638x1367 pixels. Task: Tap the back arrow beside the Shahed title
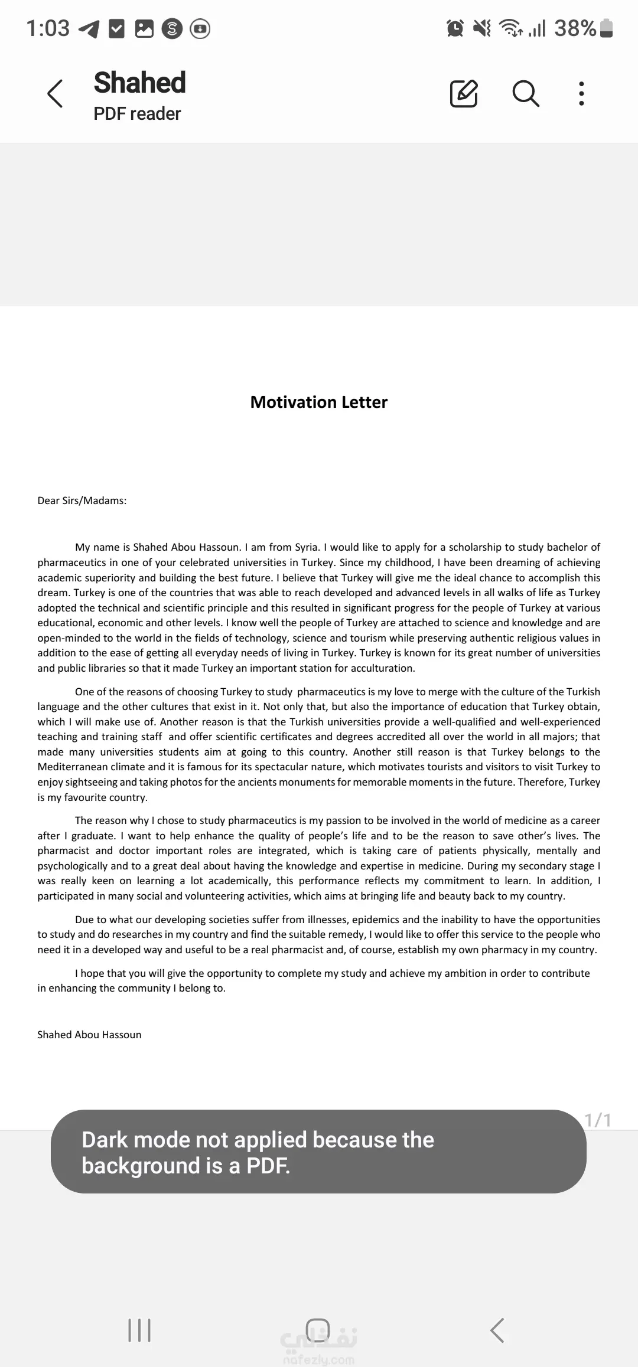point(55,94)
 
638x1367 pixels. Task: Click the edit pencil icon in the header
point(464,93)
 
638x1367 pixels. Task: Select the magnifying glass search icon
point(525,93)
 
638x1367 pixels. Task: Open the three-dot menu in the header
point(581,93)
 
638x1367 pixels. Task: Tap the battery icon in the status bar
point(606,28)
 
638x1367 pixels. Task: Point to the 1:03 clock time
point(48,28)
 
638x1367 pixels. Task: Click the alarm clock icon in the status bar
point(455,28)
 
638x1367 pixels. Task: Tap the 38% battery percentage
point(575,28)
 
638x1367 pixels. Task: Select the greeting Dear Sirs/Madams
point(82,501)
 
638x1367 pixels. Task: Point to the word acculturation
point(383,668)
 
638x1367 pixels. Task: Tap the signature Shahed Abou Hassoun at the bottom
point(89,1035)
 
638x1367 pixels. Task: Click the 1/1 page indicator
point(597,1120)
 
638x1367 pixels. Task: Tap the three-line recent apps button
point(139,1330)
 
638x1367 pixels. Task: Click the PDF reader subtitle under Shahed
point(137,113)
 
